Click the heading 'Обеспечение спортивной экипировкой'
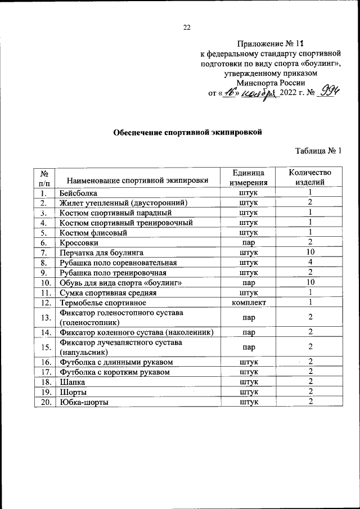point(188,133)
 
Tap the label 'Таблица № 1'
point(318,151)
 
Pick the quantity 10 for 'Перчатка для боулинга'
point(310,253)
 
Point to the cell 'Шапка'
point(72,382)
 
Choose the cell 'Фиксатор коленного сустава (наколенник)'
point(136,332)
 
